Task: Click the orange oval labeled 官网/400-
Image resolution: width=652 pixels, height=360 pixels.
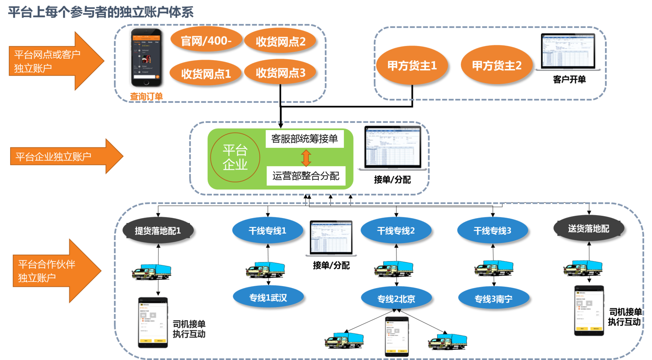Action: click(206, 41)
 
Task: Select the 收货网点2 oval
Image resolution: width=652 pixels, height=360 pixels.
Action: click(280, 42)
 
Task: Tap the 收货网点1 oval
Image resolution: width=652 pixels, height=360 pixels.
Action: click(205, 74)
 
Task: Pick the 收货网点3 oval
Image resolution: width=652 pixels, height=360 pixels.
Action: click(280, 73)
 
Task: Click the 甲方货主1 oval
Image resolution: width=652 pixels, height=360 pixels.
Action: click(412, 66)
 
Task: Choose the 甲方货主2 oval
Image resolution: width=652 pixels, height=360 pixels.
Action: click(496, 65)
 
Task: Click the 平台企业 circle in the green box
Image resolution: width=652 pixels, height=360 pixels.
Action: click(235, 157)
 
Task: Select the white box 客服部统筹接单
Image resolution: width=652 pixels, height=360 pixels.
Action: click(304, 139)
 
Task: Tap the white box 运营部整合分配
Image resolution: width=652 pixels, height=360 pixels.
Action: click(306, 176)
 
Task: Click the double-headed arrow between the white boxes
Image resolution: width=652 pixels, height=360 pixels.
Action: click(306, 158)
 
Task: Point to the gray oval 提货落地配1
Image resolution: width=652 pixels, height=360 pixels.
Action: click(158, 231)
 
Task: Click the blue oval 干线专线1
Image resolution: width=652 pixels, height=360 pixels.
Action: click(267, 231)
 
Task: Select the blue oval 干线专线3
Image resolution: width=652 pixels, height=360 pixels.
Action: click(492, 231)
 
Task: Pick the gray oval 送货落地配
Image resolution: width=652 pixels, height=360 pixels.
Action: click(588, 229)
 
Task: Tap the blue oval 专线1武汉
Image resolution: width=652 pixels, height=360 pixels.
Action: click(268, 298)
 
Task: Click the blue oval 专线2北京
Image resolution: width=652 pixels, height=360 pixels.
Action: click(396, 299)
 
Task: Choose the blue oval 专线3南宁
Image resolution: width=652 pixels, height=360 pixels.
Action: click(493, 299)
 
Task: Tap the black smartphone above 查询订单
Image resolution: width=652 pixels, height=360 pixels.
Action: click(146, 57)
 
